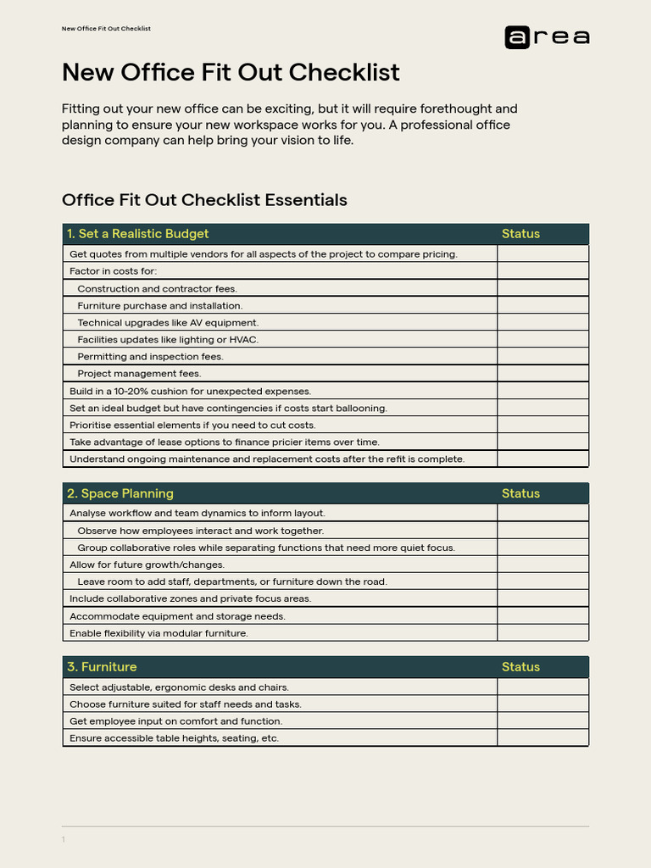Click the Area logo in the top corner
pos(547,37)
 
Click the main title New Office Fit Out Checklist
pos(231,73)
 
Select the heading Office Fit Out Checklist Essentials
pos(204,200)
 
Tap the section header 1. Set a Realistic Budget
pos(137,234)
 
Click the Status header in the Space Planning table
pos(520,493)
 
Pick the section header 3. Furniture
pos(102,667)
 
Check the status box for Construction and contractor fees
pos(542,288)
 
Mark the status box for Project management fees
pos(542,373)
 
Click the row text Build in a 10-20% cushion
pos(190,391)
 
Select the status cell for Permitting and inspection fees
pos(542,356)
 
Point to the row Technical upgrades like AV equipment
pos(168,322)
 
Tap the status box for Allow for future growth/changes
pos(542,565)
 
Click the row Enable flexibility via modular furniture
pos(159,633)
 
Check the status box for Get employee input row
pos(542,721)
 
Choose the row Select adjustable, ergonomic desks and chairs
pos(179,687)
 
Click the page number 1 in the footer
pos(63,840)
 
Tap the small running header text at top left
pos(106,29)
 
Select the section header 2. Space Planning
pos(120,493)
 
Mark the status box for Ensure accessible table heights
pos(542,738)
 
